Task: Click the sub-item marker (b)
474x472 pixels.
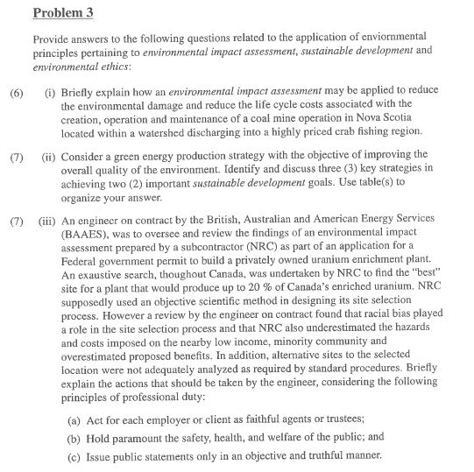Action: click(75, 439)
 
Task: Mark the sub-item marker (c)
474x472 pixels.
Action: click(75, 455)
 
